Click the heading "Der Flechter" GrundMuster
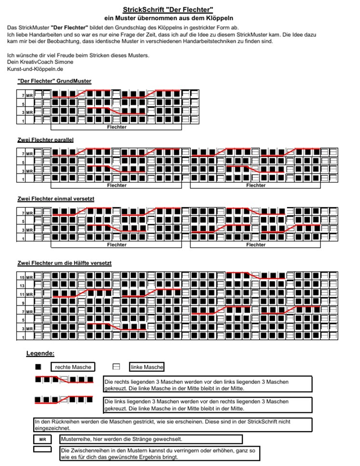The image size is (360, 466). [x=54, y=81]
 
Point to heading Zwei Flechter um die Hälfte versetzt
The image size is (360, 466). [x=64, y=263]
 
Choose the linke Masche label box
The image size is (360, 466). [x=147, y=367]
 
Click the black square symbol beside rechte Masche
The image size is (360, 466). [x=39, y=367]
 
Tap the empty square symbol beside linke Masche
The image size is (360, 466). [x=116, y=367]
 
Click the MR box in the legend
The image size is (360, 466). [x=42, y=440]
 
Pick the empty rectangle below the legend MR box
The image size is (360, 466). [x=42, y=449]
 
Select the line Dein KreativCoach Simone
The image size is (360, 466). [x=40, y=62]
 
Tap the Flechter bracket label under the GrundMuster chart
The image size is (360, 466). [x=116, y=127]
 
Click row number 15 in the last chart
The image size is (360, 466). [x=22, y=277]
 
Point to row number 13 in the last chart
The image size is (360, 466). [x=22, y=285]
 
